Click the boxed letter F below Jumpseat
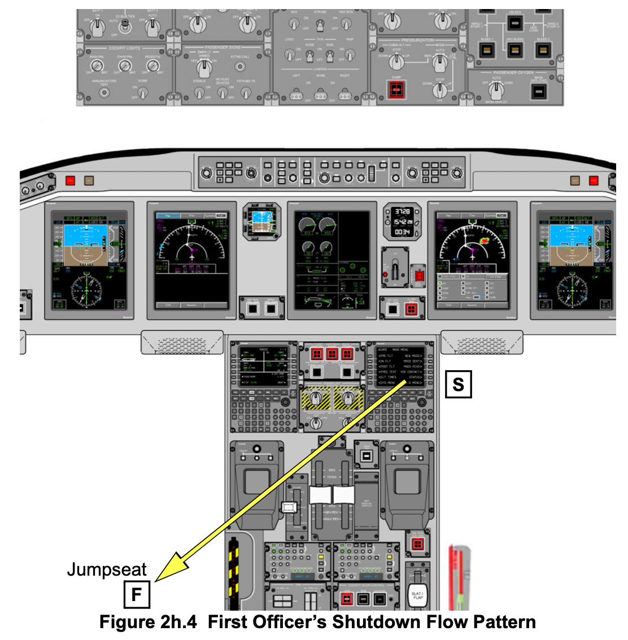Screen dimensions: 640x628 click(x=136, y=594)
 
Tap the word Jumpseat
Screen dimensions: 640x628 click(x=106, y=569)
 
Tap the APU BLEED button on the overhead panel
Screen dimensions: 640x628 click(x=514, y=50)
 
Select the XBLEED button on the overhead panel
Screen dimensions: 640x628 click(x=514, y=23)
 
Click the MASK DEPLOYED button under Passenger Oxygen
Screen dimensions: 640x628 click(x=539, y=90)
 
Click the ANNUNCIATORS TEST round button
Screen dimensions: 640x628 click(x=104, y=92)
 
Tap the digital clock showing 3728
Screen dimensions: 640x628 click(x=402, y=211)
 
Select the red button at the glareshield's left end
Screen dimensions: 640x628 click(x=70, y=181)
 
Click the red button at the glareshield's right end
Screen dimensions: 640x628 click(x=594, y=181)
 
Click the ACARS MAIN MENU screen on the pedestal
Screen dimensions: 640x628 click(x=399, y=365)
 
